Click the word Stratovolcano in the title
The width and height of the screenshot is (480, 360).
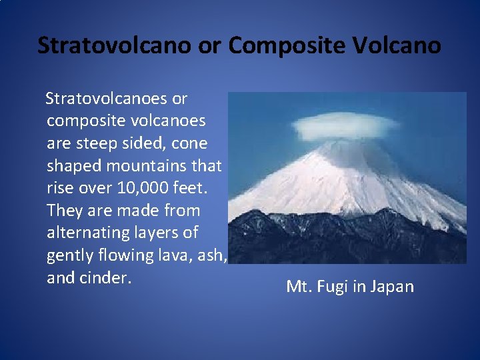[x=113, y=45]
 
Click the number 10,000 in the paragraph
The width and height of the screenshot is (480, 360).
[x=142, y=188]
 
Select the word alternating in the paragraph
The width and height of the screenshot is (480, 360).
[x=90, y=233]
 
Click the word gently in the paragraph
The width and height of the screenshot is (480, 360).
[x=70, y=255]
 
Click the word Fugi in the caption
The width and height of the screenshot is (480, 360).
[x=334, y=287]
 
